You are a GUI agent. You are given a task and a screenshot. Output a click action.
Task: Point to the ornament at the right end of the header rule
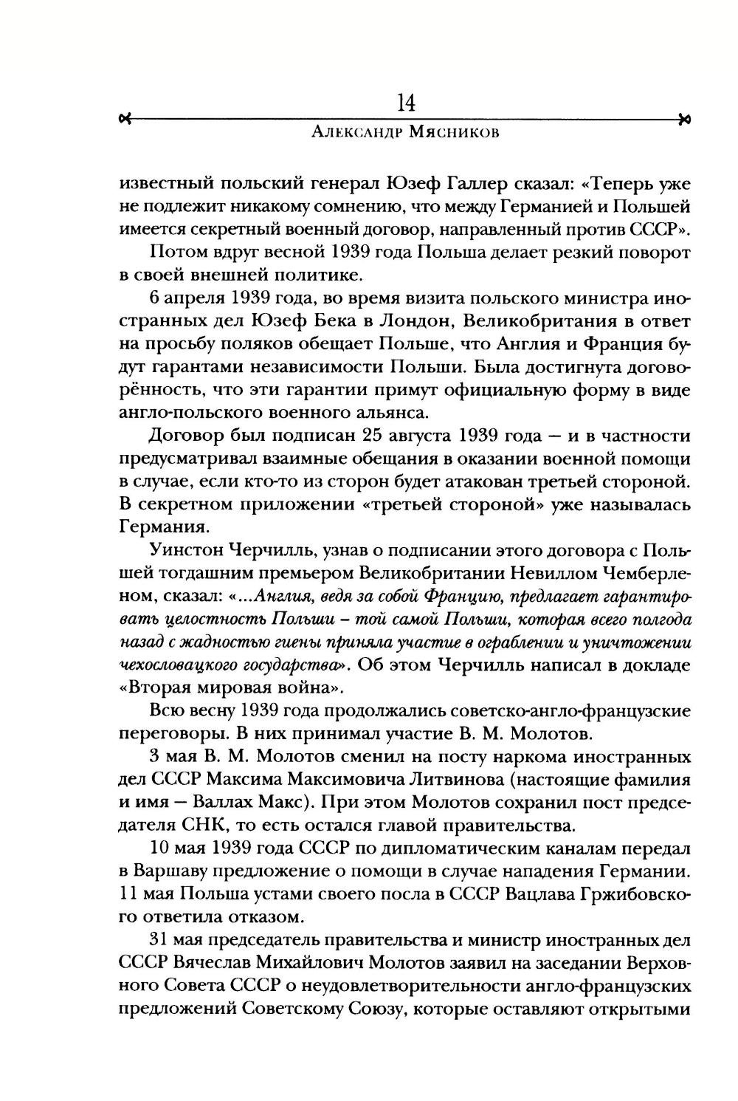[x=684, y=119]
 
